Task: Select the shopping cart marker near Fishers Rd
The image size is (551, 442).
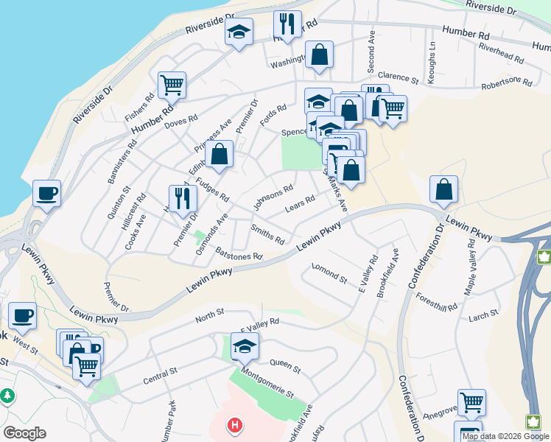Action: coord(171,85)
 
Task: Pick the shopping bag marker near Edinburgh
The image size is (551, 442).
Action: coord(220,154)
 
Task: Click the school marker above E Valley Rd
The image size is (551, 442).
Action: coord(245,345)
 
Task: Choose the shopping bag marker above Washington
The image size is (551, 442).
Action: coord(319,54)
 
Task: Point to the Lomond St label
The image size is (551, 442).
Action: coord(329,273)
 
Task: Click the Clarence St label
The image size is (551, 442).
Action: coord(398,77)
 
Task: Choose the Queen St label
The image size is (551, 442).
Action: coord(285,365)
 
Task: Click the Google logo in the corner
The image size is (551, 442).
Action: coord(24,433)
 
